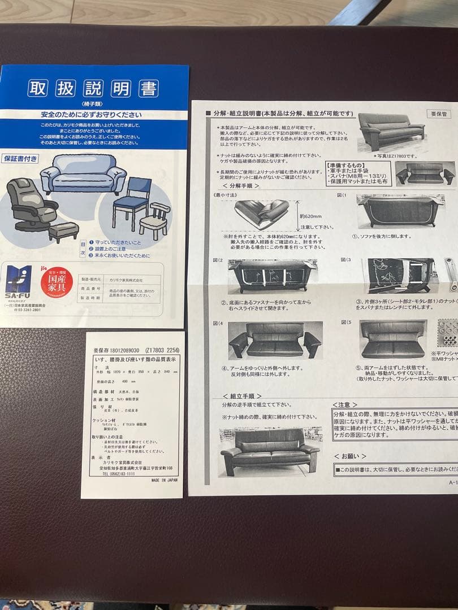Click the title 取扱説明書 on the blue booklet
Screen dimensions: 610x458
[93, 89]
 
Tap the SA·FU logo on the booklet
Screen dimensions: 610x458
[19, 283]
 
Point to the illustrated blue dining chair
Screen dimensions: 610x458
[132, 201]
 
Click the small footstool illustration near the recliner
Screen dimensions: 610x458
[63, 231]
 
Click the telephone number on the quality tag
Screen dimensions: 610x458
[118, 474]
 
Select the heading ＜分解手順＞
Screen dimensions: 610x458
[241, 185]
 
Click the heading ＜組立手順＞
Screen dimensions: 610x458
[241, 396]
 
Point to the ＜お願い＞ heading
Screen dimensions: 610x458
[350, 455]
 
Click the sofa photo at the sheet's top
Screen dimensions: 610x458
[392, 132]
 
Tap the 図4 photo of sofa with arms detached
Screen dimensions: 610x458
[275, 341]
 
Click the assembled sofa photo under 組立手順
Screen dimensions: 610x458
[269, 450]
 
